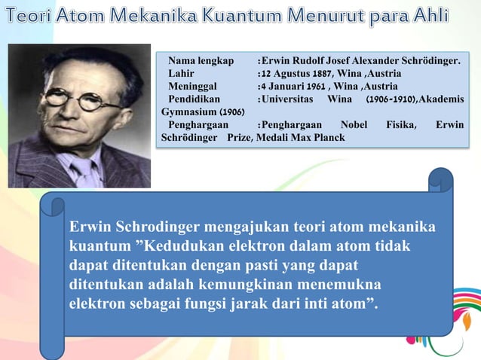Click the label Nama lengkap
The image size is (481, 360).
pyautogui.click(x=201, y=60)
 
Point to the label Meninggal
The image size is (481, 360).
pyautogui.click(x=193, y=86)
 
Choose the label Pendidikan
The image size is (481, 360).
pyautogui.click(x=195, y=99)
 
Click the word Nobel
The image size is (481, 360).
pyautogui.click(x=354, y=125)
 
